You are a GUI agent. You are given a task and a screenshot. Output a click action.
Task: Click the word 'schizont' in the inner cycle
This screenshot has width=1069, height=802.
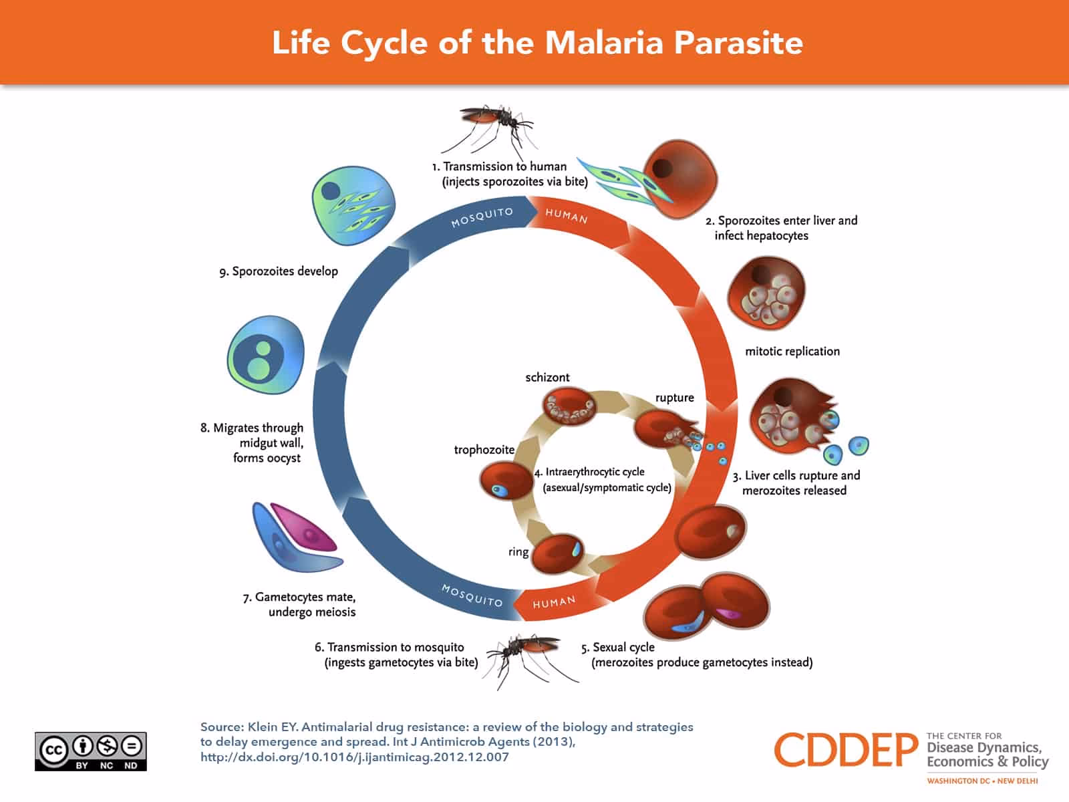(547, 378)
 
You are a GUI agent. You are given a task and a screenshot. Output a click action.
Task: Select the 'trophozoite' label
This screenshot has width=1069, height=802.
(484, 450)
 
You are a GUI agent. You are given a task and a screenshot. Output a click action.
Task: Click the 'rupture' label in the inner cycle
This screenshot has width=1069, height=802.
(674, 398)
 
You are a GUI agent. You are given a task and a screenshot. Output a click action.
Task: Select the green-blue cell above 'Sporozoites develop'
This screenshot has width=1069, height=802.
(353, 205)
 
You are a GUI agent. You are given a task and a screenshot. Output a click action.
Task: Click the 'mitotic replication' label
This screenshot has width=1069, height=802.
(792, 352)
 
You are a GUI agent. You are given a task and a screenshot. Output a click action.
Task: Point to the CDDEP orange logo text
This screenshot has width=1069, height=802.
(846, 750)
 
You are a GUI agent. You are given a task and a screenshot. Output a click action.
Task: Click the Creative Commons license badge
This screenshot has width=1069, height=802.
(91, 751)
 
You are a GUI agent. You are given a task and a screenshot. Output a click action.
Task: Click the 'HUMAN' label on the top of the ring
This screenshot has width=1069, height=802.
(567, 216)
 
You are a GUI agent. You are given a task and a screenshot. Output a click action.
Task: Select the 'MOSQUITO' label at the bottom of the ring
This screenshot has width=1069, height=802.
(472, 595)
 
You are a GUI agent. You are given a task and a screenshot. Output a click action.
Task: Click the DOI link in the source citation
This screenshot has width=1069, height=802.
(354, 757)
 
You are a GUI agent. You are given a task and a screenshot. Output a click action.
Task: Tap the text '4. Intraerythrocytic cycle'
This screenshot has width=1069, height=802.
(589, 472)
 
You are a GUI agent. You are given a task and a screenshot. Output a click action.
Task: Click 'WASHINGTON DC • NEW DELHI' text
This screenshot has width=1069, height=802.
(982, 781)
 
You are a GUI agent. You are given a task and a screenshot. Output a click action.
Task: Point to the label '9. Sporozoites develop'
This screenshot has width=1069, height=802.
(279, 271)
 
